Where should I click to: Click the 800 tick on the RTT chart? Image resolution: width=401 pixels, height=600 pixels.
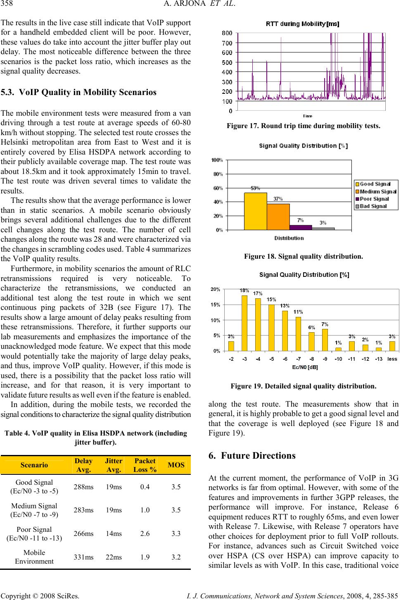[x=227, y=33]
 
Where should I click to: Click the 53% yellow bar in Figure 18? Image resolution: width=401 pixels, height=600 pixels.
[x=255, y=211]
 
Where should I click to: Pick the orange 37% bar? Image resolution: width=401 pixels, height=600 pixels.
[x=278, y=217]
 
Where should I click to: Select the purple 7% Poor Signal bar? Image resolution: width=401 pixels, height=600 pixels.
[x=301, y=227]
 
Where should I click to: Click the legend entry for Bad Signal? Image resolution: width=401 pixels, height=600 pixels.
[x=373, y=206]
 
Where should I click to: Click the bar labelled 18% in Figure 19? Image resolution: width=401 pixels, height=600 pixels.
[x=244, y=323]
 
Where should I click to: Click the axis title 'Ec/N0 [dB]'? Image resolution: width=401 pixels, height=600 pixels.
[x=305, y=367]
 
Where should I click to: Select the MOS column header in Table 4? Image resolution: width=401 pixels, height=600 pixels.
[x=176, y=465]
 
